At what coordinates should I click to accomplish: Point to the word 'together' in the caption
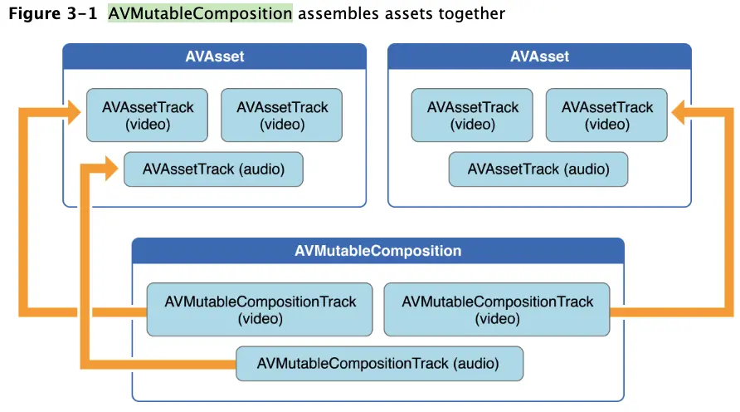(x=470, y=14)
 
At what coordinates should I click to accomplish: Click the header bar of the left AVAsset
(x=214, y=57)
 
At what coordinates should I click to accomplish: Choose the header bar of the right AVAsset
(x=539, y=57)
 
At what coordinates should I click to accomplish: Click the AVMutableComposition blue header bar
(x=377, y=250)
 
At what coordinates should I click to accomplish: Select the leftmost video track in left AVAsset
(x=147, y=116)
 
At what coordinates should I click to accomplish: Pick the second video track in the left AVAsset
(x=282, y=116)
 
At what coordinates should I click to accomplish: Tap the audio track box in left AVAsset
(x=213, y=169)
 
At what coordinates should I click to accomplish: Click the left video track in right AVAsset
(x=472, y=116)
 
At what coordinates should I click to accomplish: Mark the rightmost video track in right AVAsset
(x=607, y=116)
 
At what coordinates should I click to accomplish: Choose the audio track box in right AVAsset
(x=538, y=169)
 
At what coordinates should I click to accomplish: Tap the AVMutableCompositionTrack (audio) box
(x=379, y=363)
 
